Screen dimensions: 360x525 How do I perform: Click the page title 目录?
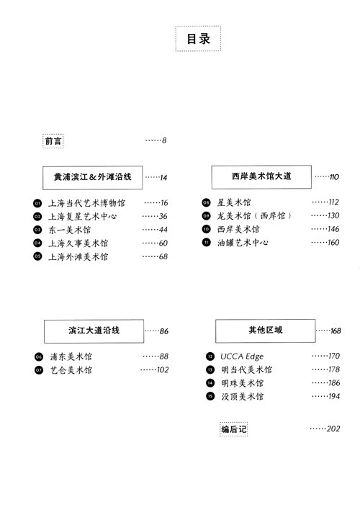pyautogui.click(x=198, y=38)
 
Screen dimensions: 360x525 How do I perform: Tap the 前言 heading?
pyautogui.click(x=53, y=141)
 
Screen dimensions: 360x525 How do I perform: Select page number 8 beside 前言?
pyautogui.click(x=164, y=140)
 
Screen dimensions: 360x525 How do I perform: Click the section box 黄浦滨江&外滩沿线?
pyautogui.click(x=92, y=177)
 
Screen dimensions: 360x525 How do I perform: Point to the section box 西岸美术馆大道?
pyautogui.click(x=261, y=176)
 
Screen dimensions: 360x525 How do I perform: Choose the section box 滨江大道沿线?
pyautogui.click(x=94, y=331)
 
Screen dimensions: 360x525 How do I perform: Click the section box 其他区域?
pyautogui.click(x=265, y=331)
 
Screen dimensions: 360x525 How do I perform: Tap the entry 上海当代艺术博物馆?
pyautogui.click(x=86, y=203)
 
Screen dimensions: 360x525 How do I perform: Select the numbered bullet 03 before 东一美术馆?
pyautogui.click(x=37, y=230)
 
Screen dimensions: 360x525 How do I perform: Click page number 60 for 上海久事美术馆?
pyautogui.click(x=163, y=243)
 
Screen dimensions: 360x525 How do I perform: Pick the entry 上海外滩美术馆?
pyautogui.click(x=78, y=257)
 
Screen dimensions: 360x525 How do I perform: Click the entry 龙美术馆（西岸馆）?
pyautogui.click(x=254, y=216)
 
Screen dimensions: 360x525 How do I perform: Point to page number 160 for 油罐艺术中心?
pyautogui.click(x=333, y=242)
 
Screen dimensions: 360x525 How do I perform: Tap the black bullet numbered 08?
pyautogui.click(x=207, y=202)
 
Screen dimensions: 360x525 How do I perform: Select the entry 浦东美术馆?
pyautogui.click(x=71, y=356)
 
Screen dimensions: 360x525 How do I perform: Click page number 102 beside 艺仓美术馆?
pyautogui.click(x=163, y=369)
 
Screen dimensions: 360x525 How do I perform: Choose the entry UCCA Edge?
pyautogui.click(x=242, y=356)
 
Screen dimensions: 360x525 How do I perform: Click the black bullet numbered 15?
pyautogui.click(x=210, y=396)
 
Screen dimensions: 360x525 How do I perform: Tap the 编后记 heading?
pyautogui.click(x=234, y=429)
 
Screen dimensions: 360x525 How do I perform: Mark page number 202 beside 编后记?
pyautogui.click(x=333, y=428)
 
